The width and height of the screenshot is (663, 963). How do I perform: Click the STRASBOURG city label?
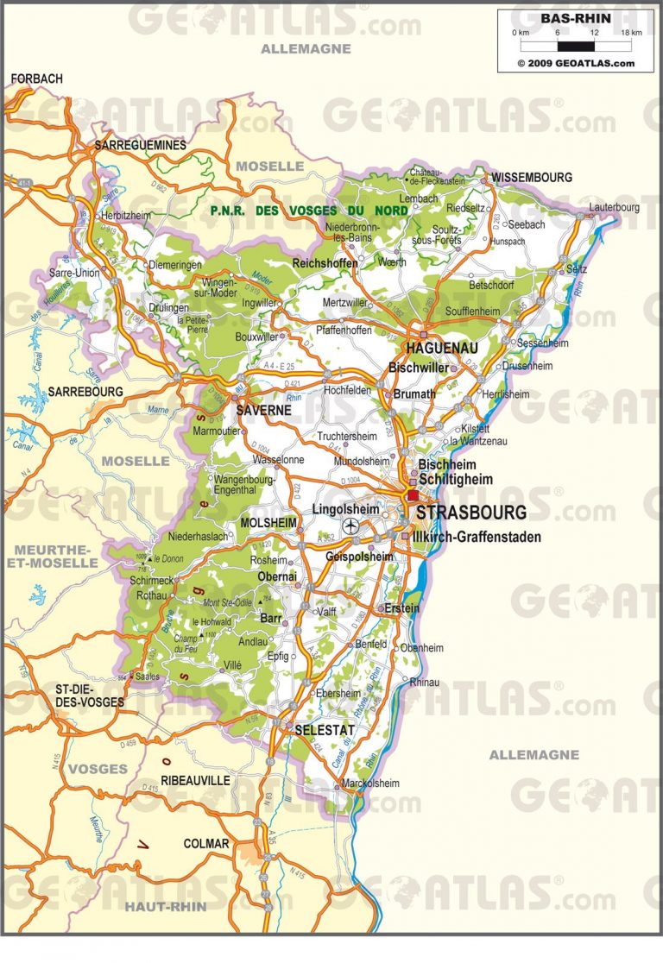click(x=470, y=513)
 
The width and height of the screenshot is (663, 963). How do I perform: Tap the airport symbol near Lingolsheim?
click(x=350, y=525)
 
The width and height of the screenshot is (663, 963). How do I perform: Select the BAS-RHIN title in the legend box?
click(x=575, y=18)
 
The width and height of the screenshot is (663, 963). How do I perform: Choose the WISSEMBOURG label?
click(x=532, y=177)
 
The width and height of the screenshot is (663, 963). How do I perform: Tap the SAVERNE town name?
click(x=263, y=411)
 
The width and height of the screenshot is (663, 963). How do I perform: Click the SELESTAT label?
click(x=325, y=730)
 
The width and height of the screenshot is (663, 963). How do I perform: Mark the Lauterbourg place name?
click(x=614, y=207)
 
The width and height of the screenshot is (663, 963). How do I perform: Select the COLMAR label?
click(x=206, y=843)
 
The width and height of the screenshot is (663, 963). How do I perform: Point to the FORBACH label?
click(x=37, y=79)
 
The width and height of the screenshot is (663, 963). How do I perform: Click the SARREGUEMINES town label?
click(x=141, y=145)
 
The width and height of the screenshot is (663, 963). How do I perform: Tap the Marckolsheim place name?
click(x=371, y=784)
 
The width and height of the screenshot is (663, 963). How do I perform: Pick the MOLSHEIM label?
click(x=268, y=523)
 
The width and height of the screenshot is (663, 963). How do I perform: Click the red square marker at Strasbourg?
click(x=413, y=496)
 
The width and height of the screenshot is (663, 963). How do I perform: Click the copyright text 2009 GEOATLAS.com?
click(x=575, y=63)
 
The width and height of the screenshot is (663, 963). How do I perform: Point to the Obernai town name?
click(x=279, y=576)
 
